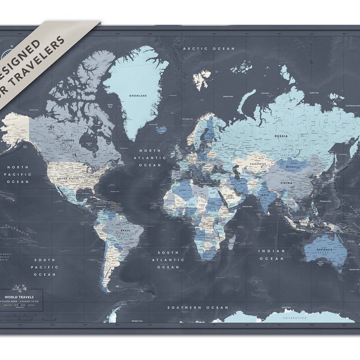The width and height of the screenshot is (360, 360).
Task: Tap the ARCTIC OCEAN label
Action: pyautogui.click(x=209, y=49)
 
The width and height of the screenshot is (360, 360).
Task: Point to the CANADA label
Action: pyautogui.click(x=67, y=140)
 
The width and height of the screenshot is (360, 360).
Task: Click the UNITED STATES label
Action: pyautogui.click(x=68, y=178)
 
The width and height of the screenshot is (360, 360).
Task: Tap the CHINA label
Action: pyautogui.click(x=287, y=183)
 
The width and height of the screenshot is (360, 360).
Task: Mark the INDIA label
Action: pyautogui.click(x=265, y=195)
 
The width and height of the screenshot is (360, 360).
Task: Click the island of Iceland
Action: pyautogui.click(x=161, y=130)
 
